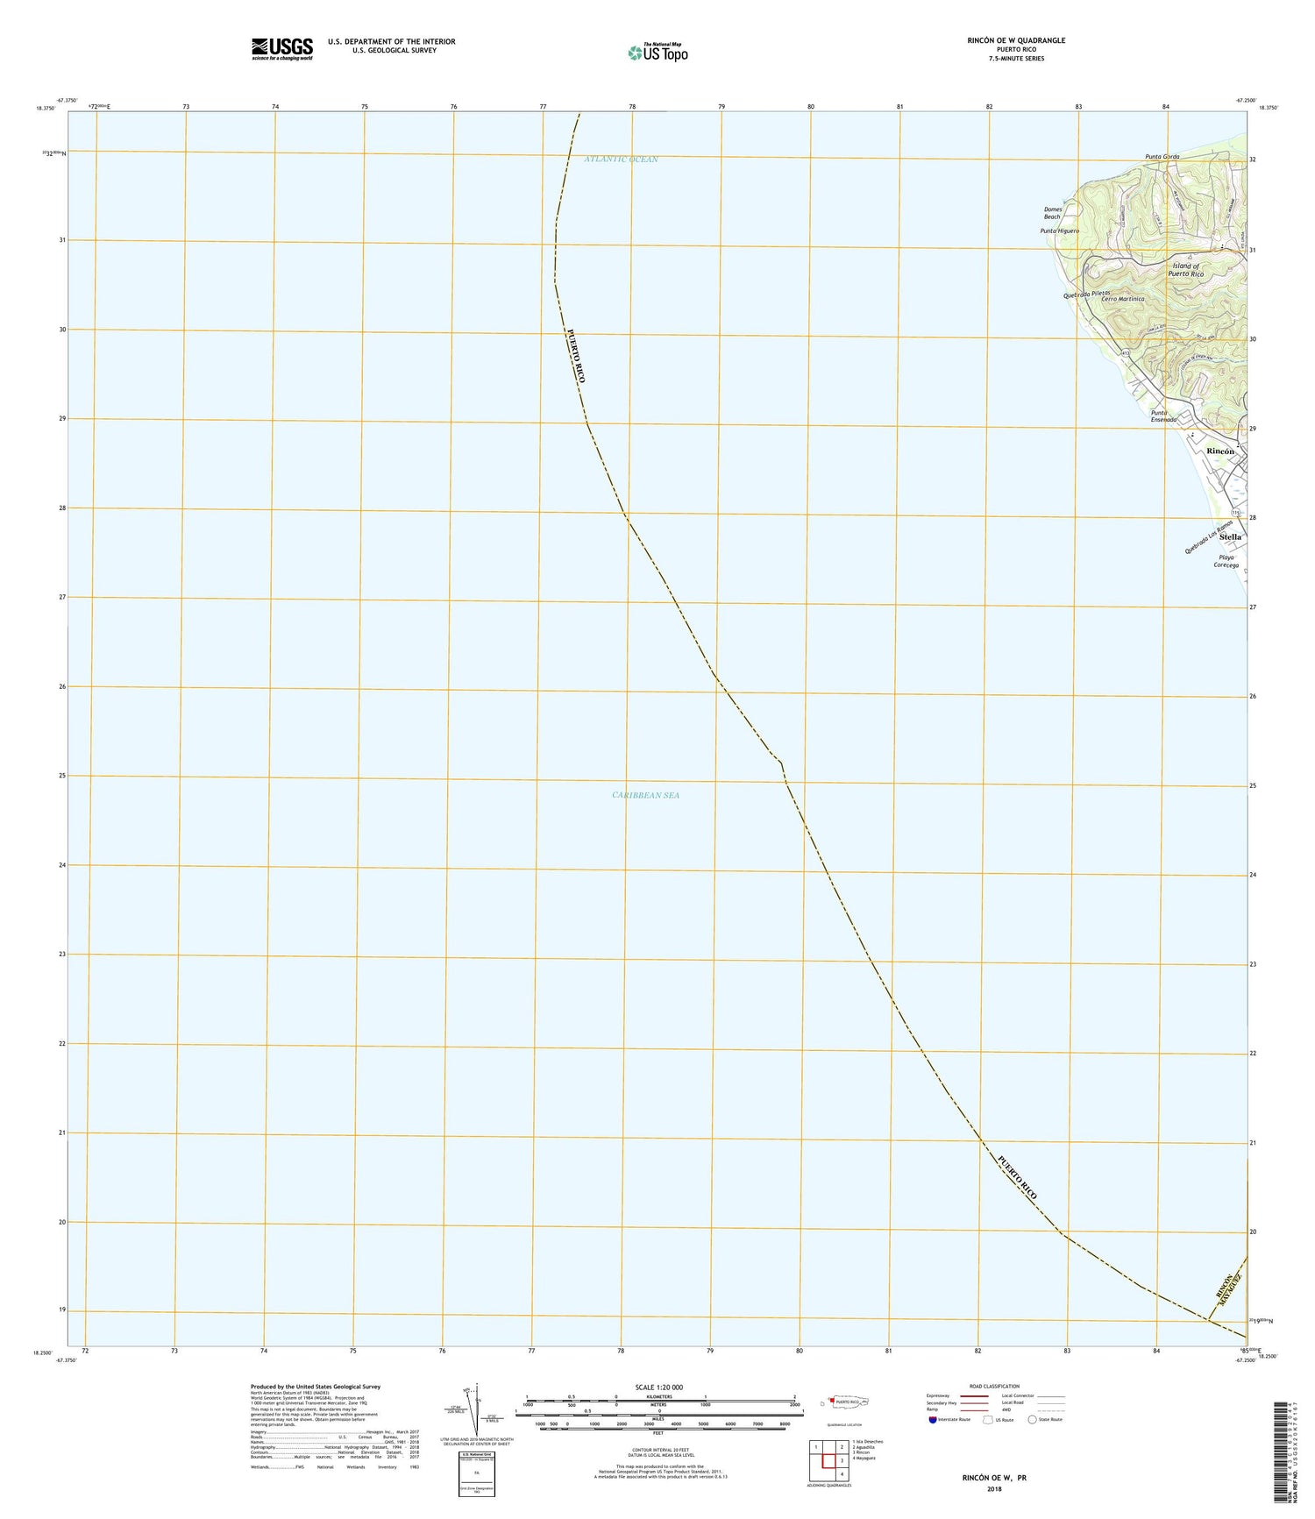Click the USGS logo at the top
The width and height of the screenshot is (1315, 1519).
click(x=281, y=47)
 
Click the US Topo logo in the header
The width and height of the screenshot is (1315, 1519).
click(x=657, y=53)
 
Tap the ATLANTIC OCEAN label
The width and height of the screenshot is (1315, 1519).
click(x=621, y=160)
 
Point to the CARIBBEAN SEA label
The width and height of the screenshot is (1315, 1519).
click(x=645, y=795)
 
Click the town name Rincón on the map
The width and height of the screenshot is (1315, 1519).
click(x=1220, y=451)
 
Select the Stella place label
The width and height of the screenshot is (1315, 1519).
click(x=1230, y=536)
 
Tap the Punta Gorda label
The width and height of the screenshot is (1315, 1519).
click(x=1162, y=157)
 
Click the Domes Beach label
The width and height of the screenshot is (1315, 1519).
click(x=1052, y=213)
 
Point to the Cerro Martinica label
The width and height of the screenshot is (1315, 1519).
click(x=1123, y=299)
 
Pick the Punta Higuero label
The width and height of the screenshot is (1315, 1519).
click(x=1059, y=231)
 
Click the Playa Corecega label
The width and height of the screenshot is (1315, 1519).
click(x=1226, y=561)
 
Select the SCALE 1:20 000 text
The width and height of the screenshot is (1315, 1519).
click(x=658, y=1388)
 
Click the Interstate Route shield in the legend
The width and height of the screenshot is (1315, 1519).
click(x=932, y=1420)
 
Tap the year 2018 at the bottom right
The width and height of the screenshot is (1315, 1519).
click(x=993, y=1489)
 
